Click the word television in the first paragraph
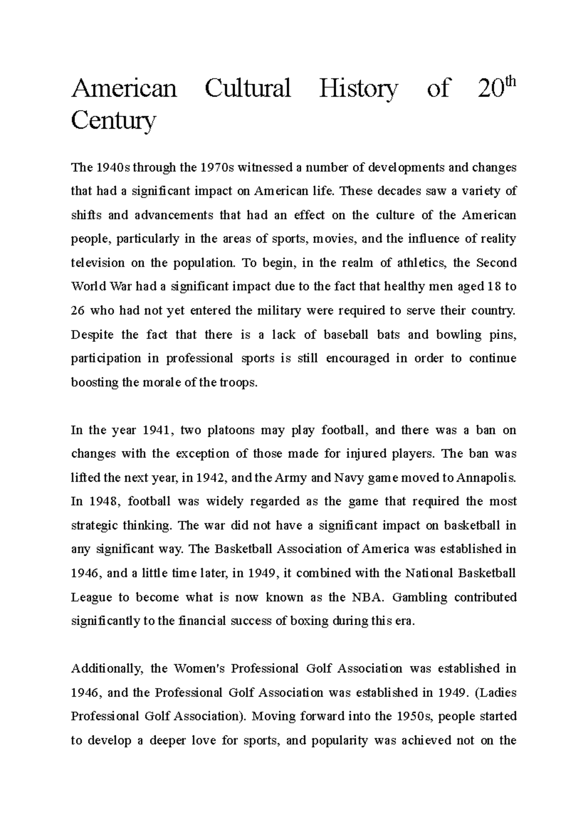point(98,263)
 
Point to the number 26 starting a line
point(78,311)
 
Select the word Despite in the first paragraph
point(91,335)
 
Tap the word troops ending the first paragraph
point(241,383)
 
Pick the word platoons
point(230,431)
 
